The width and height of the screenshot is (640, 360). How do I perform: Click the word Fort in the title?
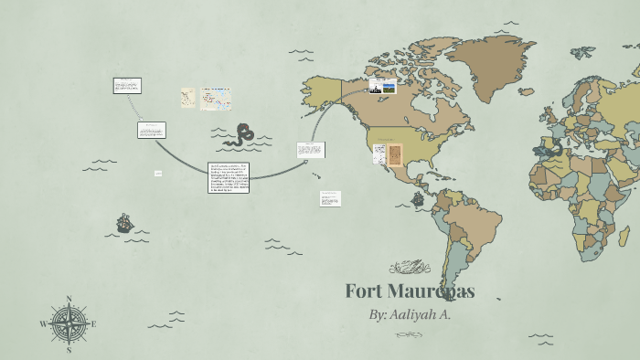click(x=367, y=292)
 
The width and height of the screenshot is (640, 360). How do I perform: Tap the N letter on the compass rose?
click(x=69, y=299)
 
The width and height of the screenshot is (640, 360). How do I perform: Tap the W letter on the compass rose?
click(x=42, y=324)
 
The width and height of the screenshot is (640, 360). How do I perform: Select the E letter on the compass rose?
click(x=93, y=323)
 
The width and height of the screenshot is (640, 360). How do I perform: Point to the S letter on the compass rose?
click(x=69, y=349)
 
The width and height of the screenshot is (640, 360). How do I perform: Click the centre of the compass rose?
click(x=69, y=323)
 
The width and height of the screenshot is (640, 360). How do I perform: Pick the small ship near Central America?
click(x=418, y=198)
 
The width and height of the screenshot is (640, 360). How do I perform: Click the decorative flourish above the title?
click(x=409, y=268)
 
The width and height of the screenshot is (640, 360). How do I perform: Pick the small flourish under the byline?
click(x=409, y=334)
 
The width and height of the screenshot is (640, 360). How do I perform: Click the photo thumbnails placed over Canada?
click(x=382, y=87)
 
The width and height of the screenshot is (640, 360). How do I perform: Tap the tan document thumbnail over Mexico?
click(x=395, y=154)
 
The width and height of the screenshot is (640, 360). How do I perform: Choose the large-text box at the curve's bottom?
click(x=229, y=177)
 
